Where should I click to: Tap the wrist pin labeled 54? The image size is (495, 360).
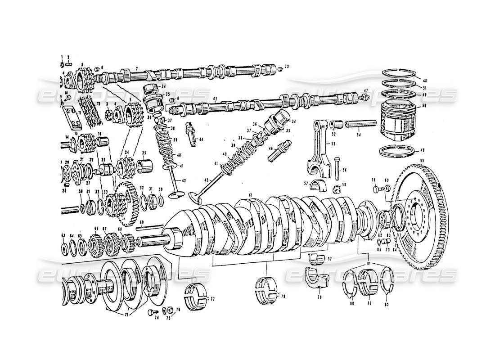click(x=360, y=122)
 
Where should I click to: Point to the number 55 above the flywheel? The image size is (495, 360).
click(x=422, y=161)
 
